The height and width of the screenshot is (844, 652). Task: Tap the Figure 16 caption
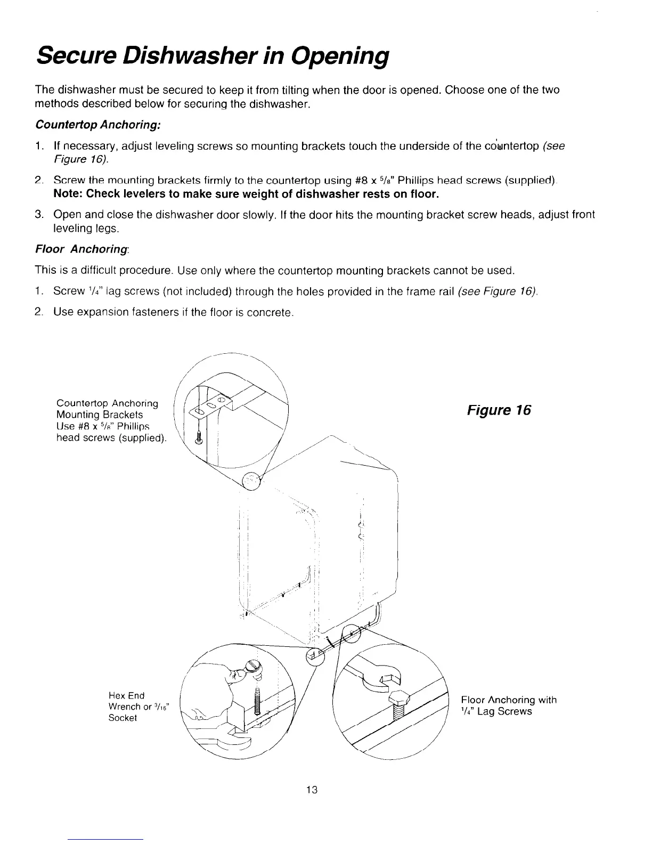point(499,410)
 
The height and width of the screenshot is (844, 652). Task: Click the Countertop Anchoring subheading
point(97,124)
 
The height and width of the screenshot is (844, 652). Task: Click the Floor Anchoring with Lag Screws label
point(508,705)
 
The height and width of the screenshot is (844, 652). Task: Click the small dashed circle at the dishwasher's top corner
point(251,481)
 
